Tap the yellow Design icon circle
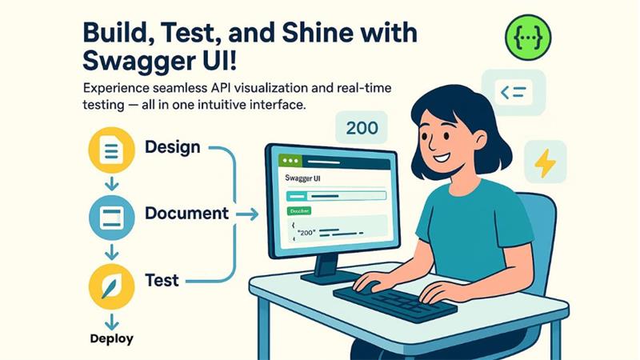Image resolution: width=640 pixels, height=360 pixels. click(111, 149)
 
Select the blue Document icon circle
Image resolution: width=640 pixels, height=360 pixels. click(111, 214)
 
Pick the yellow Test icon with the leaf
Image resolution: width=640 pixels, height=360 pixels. click(111, 286)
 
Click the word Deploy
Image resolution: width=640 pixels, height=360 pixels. click(111, 338)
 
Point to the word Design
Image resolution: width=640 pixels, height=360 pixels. click(172, 148)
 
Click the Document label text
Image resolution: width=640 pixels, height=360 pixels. click(186, 214)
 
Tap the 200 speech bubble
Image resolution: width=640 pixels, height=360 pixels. click(362, 126)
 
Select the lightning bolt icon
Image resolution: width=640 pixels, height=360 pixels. click(545, 162)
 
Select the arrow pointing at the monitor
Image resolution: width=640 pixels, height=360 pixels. click(248, 214)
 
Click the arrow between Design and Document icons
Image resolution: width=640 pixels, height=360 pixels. click(111, 182)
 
